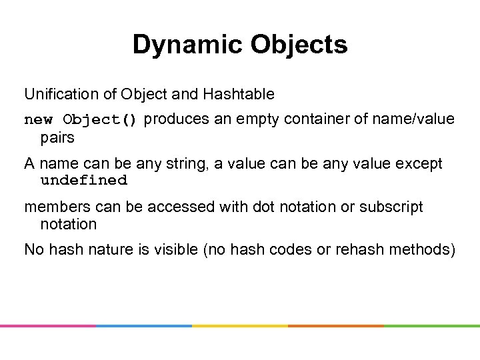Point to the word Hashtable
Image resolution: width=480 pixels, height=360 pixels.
click(x=241, y=95)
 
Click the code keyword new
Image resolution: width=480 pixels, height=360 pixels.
click(x=38, y=120)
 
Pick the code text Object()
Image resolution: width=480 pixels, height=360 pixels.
click(x=100, y=120)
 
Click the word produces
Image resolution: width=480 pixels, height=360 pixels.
click(x=176, y=119)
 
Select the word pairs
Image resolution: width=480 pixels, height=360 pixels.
click(x=57, y=138)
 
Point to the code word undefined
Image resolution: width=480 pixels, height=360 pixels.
click(x=84, y=181)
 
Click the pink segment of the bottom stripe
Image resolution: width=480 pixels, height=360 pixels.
click(x=48, y=326)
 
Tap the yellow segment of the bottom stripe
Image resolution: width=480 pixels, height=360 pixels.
click(x=240, y=326)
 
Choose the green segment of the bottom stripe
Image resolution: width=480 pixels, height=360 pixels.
click(x=432, y=326)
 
